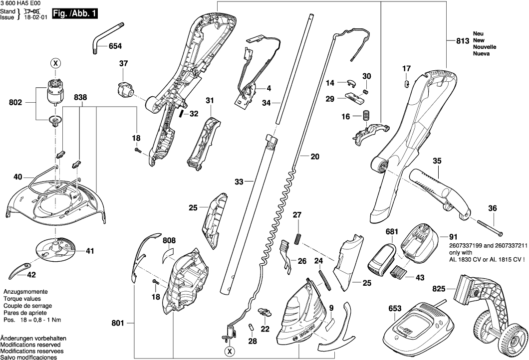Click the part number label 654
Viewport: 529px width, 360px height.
point(115,46)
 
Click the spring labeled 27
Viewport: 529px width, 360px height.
point(298,238)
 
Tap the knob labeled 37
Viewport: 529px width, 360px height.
point(123,89)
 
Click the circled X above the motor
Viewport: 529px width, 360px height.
point(55,63)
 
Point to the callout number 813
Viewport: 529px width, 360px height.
point(463,41)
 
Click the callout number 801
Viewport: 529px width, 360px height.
point(118,323)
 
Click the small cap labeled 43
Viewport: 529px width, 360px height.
point(399,272)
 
